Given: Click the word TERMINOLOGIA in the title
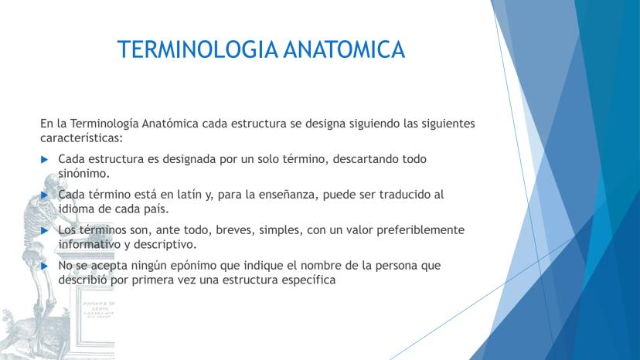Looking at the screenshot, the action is pos(198,49).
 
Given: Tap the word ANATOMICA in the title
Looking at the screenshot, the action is pos(344,49).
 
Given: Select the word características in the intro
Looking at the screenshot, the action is pos(81,138).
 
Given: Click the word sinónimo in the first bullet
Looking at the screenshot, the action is pos(83,174).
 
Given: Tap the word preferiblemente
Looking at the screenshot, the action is pos(420,230).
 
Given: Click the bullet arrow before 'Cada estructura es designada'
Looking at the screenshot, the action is pos(45,159).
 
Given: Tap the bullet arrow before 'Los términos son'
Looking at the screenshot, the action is pos(45,231).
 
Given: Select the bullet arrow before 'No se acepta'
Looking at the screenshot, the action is pos(45,266).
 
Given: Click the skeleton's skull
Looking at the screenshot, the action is pos(53,182).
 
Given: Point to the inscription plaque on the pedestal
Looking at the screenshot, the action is pos(97,310).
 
